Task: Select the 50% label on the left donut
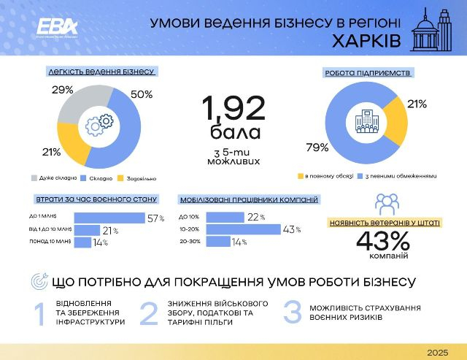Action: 142,95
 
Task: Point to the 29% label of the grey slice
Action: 63,90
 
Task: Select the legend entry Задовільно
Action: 142,177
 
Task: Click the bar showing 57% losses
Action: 109,218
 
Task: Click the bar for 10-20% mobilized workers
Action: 243,230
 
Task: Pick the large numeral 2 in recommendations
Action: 148,313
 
